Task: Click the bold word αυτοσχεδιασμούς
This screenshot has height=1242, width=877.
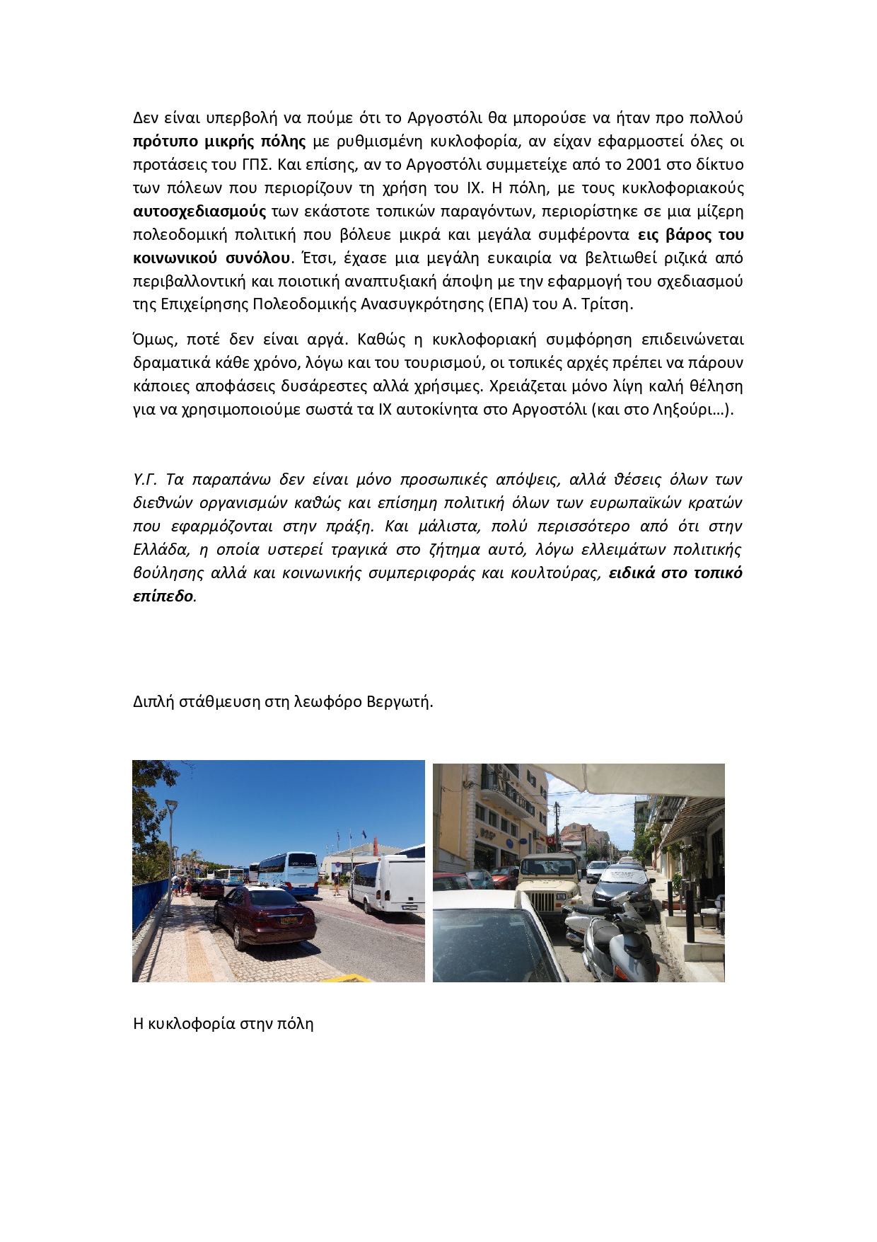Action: point(199,212)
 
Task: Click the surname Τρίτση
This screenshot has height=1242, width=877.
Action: point(609,305)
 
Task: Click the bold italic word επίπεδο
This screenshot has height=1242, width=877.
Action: point(163,597)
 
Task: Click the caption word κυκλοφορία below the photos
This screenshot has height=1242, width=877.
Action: point(190,1024)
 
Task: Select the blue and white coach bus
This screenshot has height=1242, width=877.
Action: point(288,873)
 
